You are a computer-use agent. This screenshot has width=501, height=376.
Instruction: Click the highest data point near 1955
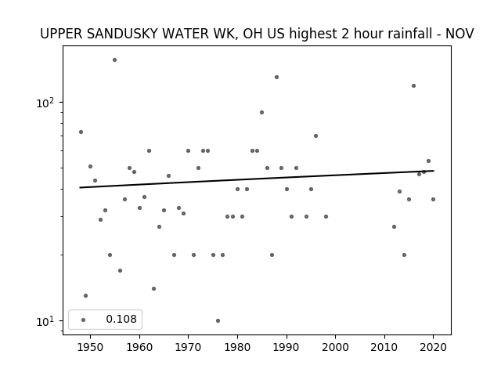pos(115,60)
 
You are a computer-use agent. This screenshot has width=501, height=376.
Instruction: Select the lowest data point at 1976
pos(218,320)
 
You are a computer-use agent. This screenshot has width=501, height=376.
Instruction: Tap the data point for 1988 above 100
pos(276,77)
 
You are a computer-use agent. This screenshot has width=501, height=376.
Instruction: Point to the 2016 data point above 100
pos(414,85)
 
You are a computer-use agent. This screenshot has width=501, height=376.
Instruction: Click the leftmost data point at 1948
pos(81,132)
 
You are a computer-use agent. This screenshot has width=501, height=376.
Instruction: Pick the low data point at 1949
pos(85,296)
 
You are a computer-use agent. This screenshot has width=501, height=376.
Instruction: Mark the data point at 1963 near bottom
pos(153,289)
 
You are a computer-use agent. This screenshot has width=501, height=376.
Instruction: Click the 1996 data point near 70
pos(315,136)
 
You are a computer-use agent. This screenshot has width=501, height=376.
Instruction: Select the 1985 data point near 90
pos(261,112)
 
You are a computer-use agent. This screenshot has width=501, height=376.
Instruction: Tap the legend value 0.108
pos(121,319)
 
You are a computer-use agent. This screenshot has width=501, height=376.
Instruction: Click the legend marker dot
pos(84,320)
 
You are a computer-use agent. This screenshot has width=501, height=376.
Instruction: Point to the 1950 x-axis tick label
pos(91,347)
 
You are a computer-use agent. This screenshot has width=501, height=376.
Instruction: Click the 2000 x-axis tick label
pos(336,347)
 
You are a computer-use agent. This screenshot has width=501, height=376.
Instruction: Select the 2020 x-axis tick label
pos(433,347)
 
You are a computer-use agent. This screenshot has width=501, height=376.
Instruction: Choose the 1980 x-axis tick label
pos(237,347)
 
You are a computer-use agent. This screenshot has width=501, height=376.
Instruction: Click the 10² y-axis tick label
pos(45,103)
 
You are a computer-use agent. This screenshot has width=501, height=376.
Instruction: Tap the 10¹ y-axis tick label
pos(45,321)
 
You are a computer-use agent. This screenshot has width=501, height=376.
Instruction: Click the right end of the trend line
pos(434,171)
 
